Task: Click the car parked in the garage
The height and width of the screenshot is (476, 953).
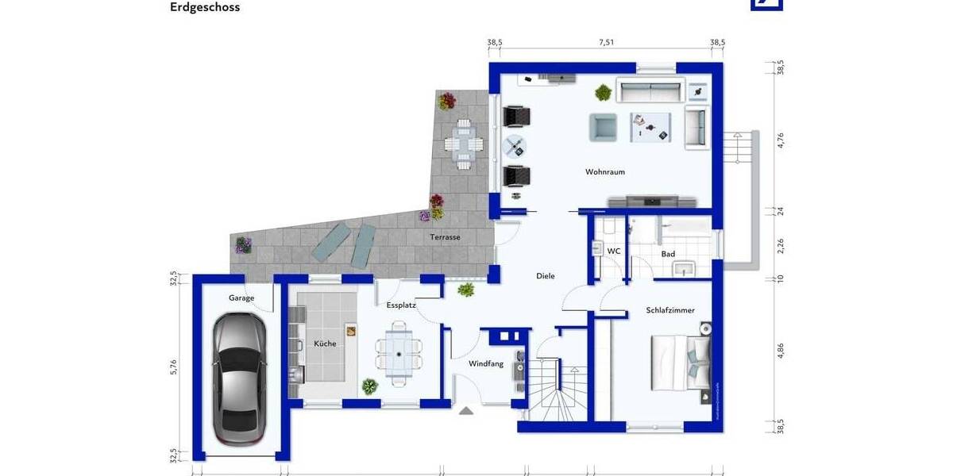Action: (x=238, y=378)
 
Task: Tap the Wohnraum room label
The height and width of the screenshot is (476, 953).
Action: (x=605, y=171)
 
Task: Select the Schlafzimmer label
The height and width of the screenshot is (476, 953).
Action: (x=670, y=310)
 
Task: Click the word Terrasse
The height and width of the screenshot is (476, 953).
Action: (x=446, y=237)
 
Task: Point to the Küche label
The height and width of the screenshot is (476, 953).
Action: (x=325, y=344)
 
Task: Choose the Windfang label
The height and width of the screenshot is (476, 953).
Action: (x=486, y=364)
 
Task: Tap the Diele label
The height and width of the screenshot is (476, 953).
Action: (x=545, y=276)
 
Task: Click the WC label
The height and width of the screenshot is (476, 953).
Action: (x=613, y=251)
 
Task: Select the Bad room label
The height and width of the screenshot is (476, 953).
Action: (x=668, y=254)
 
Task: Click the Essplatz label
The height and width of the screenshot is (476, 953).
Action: (x=401, y=305)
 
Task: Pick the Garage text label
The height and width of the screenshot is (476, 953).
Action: (x=241, y=298)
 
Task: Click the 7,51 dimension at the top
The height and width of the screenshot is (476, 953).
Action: (x=606, y=43)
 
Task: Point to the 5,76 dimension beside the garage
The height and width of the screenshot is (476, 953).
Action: (x=173, y=367)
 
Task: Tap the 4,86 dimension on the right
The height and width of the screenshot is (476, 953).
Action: (x=780, y=351)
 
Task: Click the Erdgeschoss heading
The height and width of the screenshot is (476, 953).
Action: (x=205, y=7)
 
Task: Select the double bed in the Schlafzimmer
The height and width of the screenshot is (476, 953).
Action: (x=680, y=363)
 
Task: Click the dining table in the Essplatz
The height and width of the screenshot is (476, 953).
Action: (x=399, y=352)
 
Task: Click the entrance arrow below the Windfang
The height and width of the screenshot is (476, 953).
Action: (x=466, y=410)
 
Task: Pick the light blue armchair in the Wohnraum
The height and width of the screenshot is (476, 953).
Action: (x=603, y=127)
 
